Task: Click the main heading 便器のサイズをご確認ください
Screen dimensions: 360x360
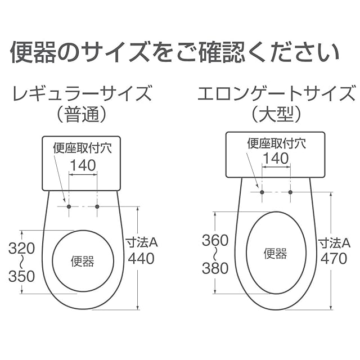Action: click(175, 52)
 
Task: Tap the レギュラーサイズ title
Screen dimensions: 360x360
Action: click(82, 93)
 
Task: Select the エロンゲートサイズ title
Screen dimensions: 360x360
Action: click(276, 93)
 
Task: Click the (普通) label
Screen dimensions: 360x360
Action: click(82, 115)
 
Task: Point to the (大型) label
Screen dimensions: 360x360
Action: click(276, 115)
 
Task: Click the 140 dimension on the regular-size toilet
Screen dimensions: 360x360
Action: click(83, 165)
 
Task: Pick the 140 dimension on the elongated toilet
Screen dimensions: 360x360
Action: click(276, 158)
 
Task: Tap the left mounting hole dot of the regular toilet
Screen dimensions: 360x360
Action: click(69, 206)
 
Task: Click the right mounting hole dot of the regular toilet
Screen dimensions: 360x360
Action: click(97, 206)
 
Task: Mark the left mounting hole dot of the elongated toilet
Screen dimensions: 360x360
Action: click(262, 192)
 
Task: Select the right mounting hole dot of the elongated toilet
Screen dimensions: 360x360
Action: click(290, 192)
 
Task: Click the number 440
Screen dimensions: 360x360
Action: click(141, 259)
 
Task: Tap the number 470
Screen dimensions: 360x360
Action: click(334, 259)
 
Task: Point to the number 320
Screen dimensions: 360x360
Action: click(21, 249)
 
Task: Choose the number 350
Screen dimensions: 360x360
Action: click(21, 276)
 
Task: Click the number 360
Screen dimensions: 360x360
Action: click(215, 240)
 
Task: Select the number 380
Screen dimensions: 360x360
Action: click(215, 268)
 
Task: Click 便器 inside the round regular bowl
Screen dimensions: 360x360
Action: click(83, 262)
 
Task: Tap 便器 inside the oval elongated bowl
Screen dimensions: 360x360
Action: click(275, 254)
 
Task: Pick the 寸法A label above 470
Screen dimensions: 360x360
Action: click(334, 243)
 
